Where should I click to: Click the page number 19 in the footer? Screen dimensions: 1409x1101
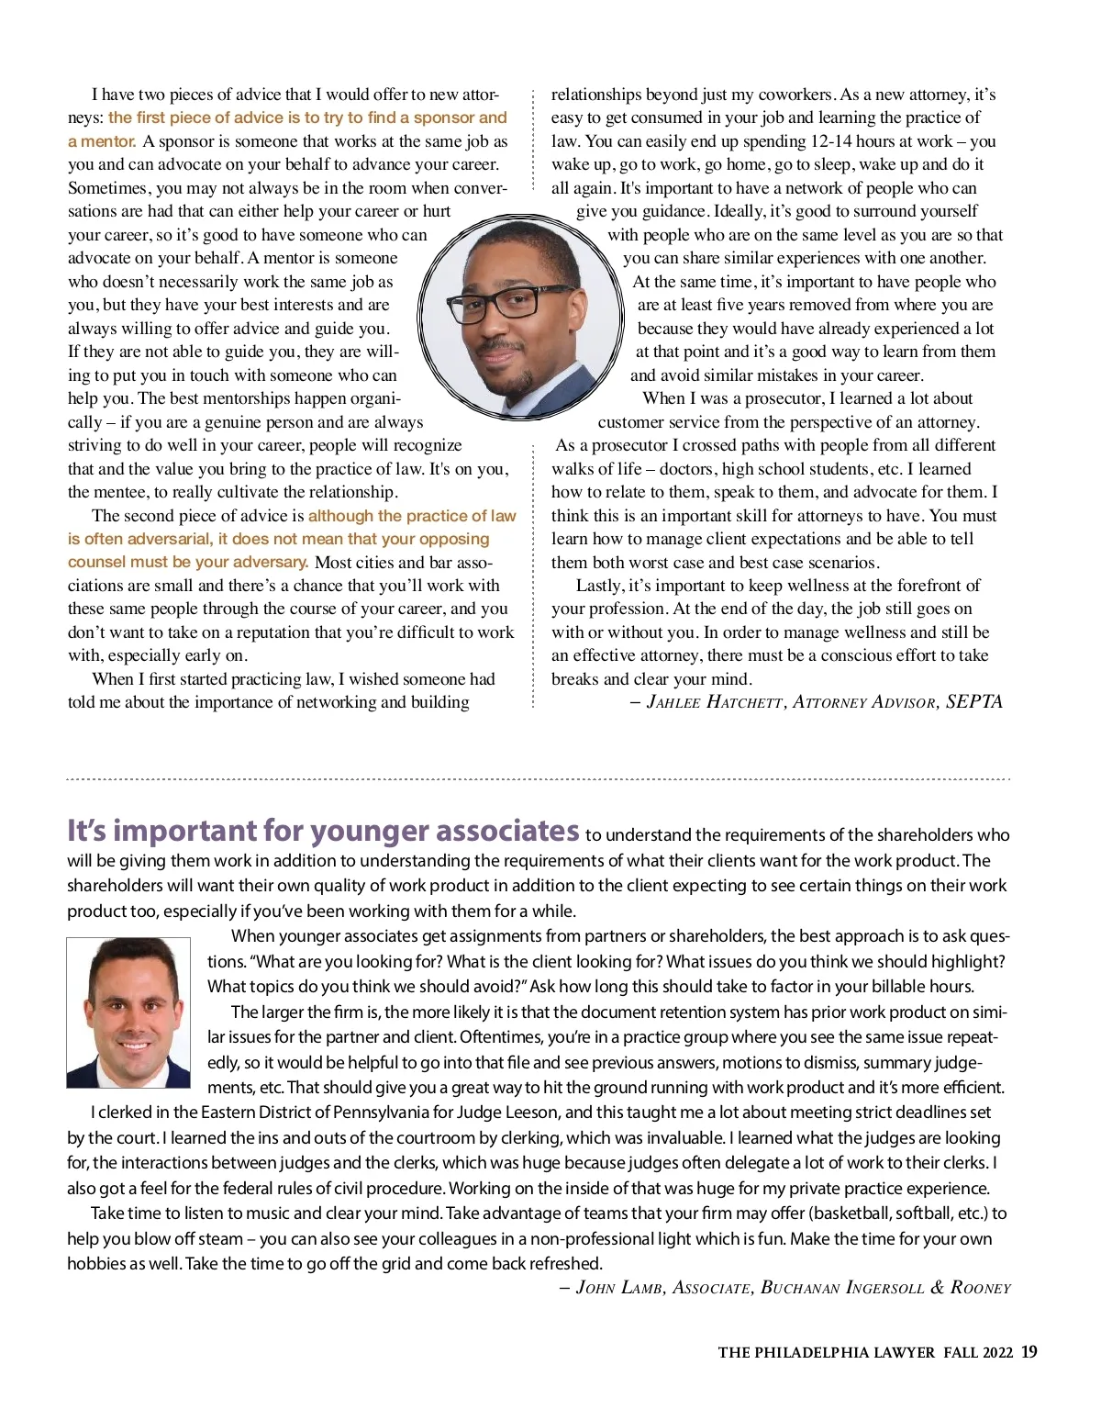1029,1352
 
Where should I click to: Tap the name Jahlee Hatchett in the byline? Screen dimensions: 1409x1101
715,702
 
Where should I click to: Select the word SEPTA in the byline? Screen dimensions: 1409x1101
974,702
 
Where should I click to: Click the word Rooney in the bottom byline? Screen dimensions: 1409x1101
980,1288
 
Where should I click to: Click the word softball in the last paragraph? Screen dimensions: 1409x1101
924,1213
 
